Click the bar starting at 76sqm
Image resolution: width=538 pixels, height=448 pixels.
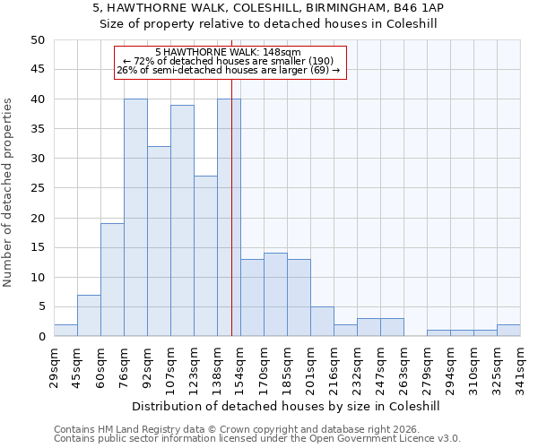pos(135,218)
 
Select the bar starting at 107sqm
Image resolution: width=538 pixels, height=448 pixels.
pos(182,220)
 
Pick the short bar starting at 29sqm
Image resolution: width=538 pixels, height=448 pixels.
pos(65,331)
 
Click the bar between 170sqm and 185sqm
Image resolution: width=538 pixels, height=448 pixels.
pos(275,295)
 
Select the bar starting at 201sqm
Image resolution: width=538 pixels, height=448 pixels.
pos(322,322)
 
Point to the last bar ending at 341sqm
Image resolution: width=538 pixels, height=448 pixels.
pos(508,331)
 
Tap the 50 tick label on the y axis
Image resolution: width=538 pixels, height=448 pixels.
pos(37,40)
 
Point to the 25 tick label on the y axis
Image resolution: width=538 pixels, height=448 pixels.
pos(37,188)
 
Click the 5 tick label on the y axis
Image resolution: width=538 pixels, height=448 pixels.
pos(40,307)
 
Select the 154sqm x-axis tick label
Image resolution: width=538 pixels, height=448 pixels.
pos(240,368)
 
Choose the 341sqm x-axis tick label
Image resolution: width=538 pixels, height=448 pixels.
pos(520,368)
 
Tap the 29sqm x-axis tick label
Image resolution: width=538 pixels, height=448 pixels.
pos(54,368)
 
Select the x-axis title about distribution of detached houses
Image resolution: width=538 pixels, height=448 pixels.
pos(287,406)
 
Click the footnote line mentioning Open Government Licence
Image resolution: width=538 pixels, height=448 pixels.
pos(256,438)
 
